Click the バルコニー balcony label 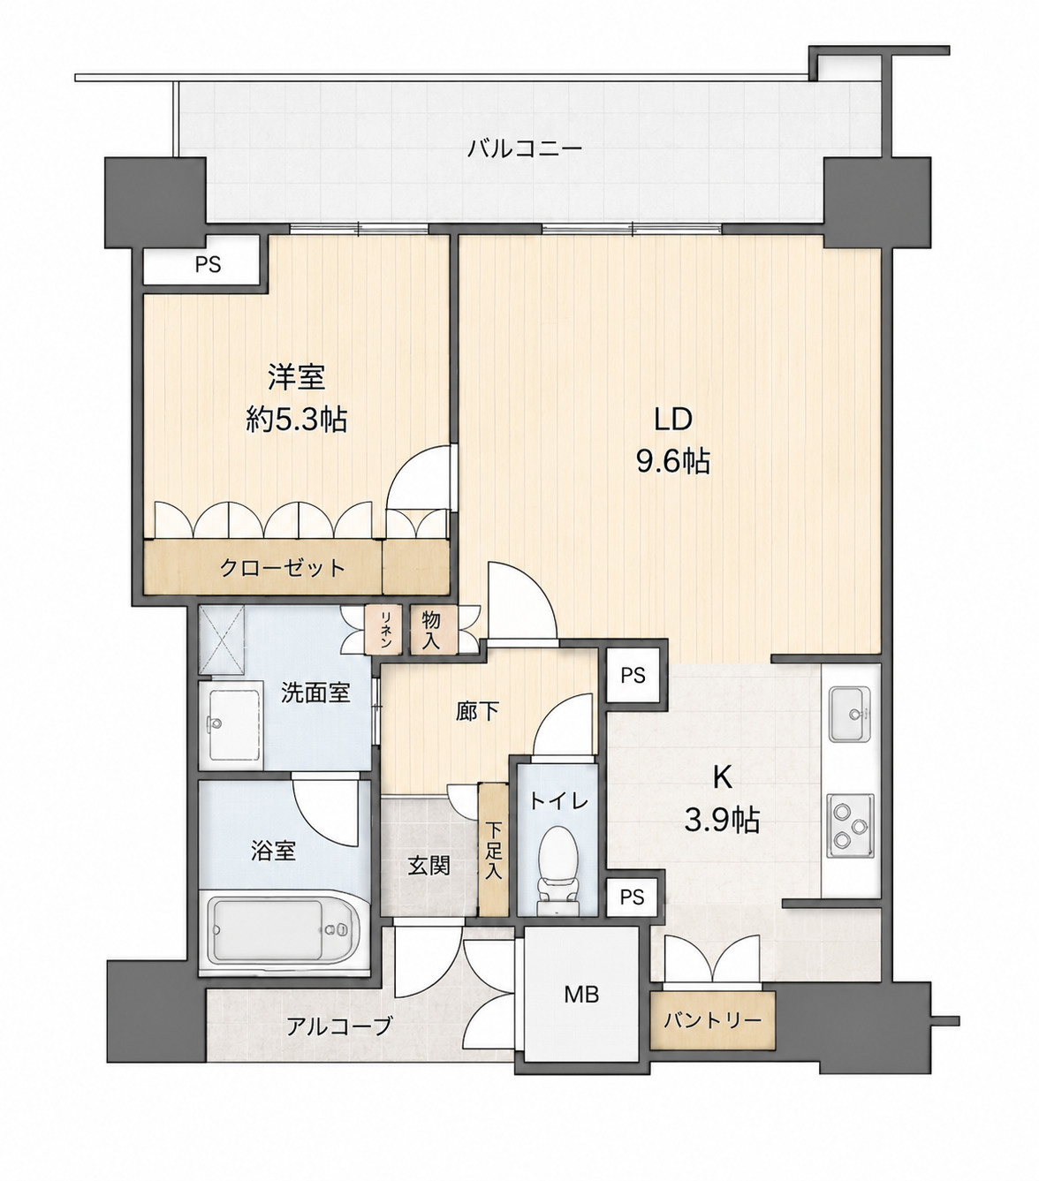click(x=525, y=149)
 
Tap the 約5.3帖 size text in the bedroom click(x=296, y=419)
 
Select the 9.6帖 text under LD click(x=673, y=462)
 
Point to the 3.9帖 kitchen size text click(x=722, y=821)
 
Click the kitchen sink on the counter click(x=851, y=714)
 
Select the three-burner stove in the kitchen click(x=851, y=825)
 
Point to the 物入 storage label click(x=431, y=630)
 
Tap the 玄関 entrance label click(x=428, y=867)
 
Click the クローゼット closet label click(x=283, y=567)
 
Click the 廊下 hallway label click(x=477, y=712)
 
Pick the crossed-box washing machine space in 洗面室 click(x=222, y=640)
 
